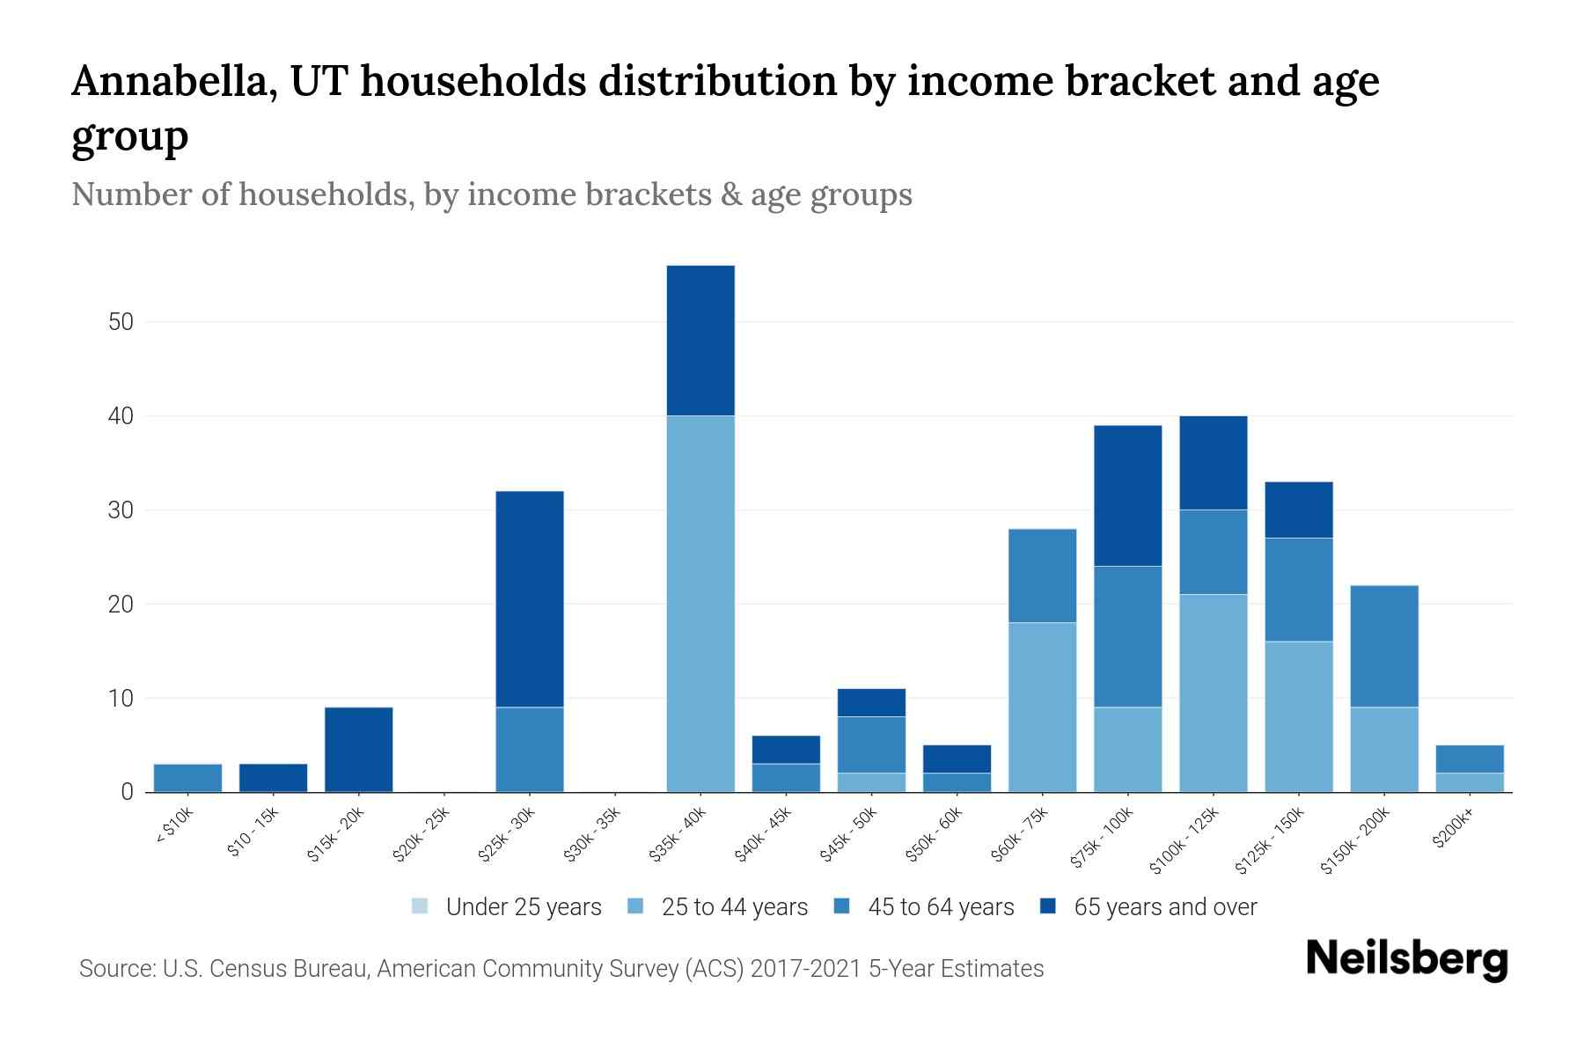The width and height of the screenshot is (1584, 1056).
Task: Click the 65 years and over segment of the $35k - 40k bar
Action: click(x=700, y=341)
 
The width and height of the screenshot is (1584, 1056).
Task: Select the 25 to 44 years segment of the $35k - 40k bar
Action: click(x=700, y=604)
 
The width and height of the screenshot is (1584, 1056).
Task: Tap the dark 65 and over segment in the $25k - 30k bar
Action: click(x=530, y=599)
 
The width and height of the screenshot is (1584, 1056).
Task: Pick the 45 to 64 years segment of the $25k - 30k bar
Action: click(x=530, y=750)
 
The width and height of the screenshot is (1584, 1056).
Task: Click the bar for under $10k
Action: click(x=187, y=778)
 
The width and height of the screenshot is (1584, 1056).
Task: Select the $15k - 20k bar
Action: click(x=359, y=750)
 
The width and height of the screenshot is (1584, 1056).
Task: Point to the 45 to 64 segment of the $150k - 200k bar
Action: click(x=1384, y=647)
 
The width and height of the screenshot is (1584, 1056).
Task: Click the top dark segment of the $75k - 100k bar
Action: click(x=1127, y=495)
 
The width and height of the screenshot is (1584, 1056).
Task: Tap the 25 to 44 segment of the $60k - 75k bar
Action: click(x=1042, y=708)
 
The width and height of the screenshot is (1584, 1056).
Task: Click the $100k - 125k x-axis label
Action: click(x=1184, y=841)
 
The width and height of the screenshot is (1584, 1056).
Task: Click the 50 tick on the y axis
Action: click(x=121, y=322)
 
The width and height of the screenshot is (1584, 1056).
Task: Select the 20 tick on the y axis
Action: click(x=121, y=605)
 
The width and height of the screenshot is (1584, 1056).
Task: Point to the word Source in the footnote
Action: click(x=114, y=969)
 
